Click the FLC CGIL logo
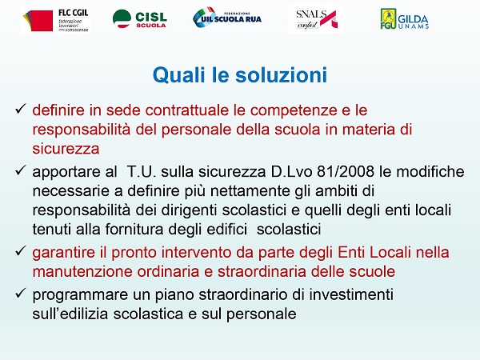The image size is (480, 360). tap(55, 20)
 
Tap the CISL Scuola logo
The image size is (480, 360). tap(139, 18)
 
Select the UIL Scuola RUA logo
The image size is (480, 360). tap(227, 17)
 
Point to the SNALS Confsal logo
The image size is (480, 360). tap(316, 19)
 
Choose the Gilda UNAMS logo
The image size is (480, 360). tap(404, 18)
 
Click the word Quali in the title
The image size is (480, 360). tap(179, 74)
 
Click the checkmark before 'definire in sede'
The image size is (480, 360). tap(20, 109)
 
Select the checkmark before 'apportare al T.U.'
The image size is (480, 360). tap(20, 170)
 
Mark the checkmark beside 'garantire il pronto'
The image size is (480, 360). tap(20, 251)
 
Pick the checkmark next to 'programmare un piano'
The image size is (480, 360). tap(20, 294)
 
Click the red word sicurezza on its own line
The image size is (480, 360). tap(66, 149)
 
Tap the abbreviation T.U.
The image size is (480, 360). tap(142, 171)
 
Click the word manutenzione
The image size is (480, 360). tap(82, 271)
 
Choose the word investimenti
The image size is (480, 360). tap(351, 294)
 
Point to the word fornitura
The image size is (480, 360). tap(134, 230)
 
